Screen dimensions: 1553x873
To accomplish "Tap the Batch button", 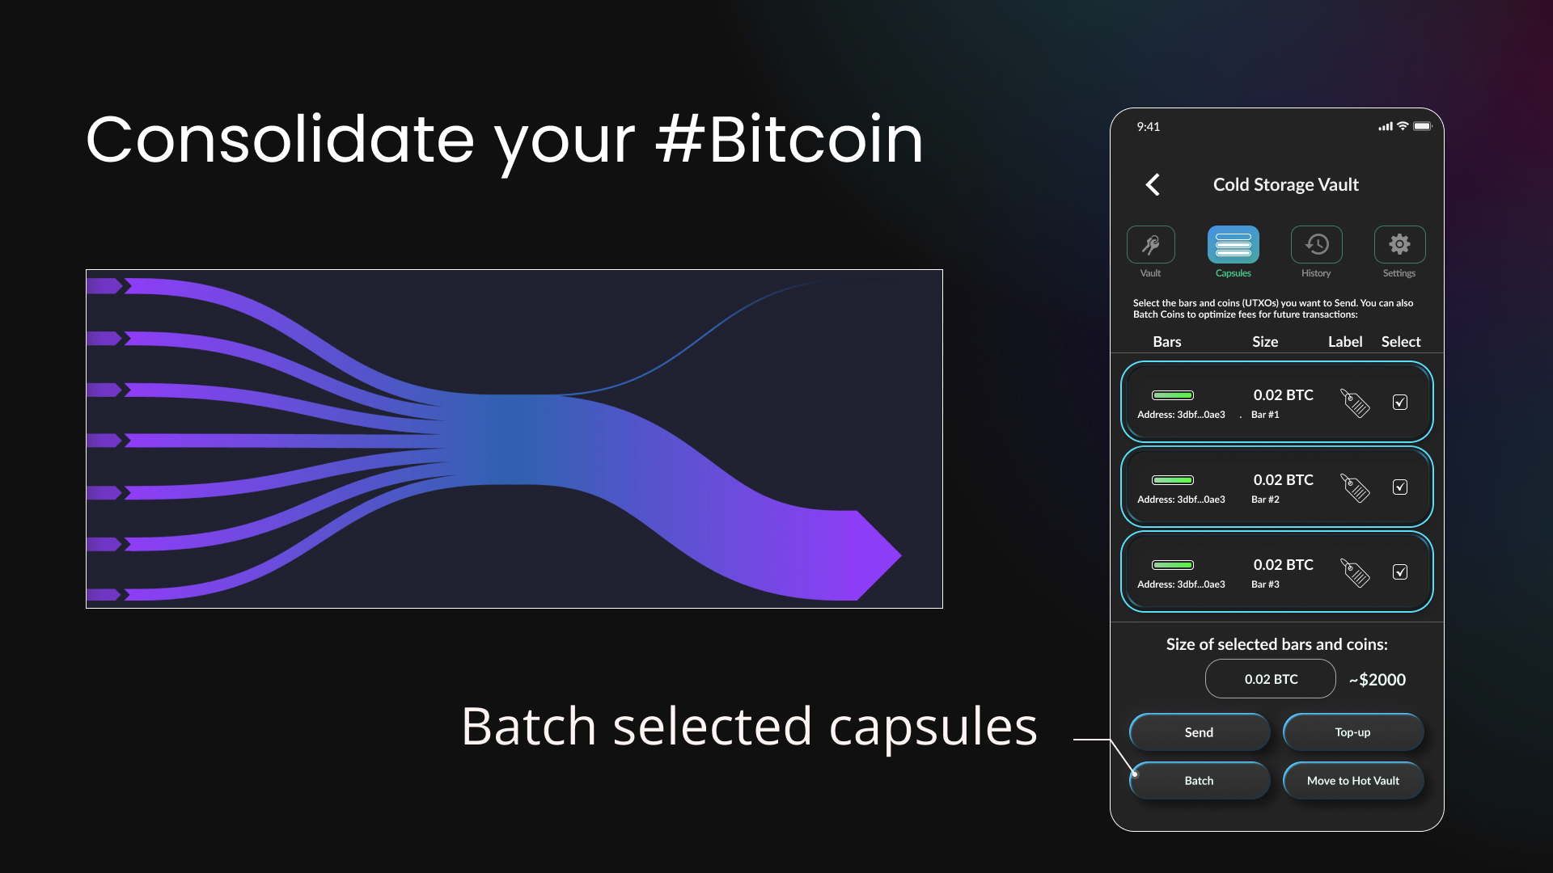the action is coord(1200,781).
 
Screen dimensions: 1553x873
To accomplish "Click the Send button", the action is coord(1200,732).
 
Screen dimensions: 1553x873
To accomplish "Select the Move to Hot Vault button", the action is coord(1353,781).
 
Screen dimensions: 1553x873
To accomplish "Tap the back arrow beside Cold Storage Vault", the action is coord(1153,184).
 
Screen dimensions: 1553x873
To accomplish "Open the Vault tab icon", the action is coord(1151,244).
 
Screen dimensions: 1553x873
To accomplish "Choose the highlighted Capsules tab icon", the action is coord(1234,244).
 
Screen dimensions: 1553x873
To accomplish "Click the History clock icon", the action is coord(1317,244).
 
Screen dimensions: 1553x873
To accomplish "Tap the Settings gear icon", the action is coord(1400,244).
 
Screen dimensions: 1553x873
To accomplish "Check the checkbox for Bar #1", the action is coord(1400,402).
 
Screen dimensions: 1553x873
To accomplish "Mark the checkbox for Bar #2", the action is coord(1400,487).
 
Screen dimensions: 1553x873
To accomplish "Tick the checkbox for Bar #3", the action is coord(1400,571).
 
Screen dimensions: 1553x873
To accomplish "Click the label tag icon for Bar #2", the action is coord(1355,487).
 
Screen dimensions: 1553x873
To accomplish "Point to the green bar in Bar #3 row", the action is coord(1173,565).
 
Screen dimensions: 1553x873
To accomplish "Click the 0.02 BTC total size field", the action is coord(1271,679).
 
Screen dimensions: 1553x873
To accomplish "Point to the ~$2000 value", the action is coord(1377,680).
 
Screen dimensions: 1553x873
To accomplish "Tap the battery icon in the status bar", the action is coord(1423,126).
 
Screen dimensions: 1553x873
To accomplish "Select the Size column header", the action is coord(1265,342).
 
